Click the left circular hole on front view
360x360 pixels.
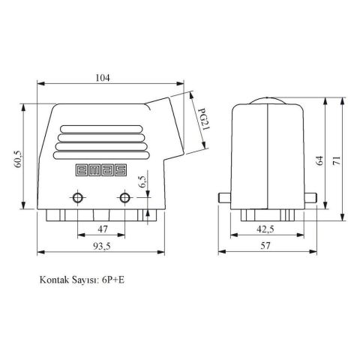pyautogui.click(x=77, y=198)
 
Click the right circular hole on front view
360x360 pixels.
pyautogui.click(x=124, y=198)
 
